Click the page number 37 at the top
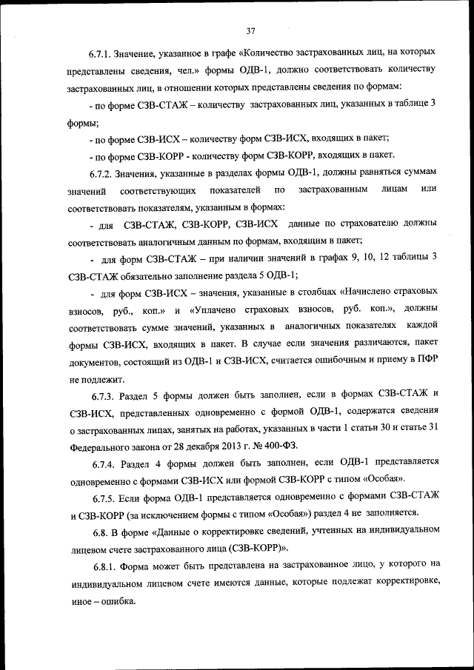tap(250, 30)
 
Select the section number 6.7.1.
tap(103, 54)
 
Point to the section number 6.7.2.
tap(103, 172)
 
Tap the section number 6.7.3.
tap(103, 393)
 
